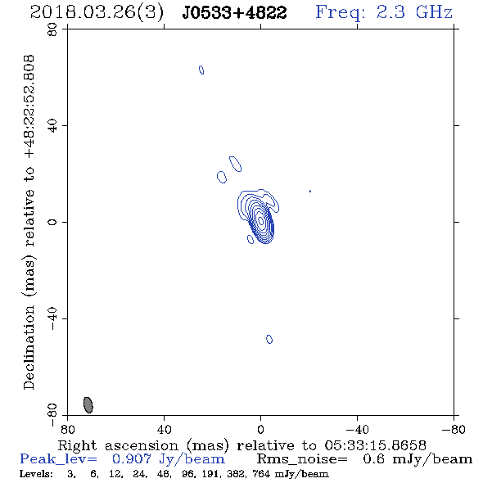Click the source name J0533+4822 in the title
coord(234,13)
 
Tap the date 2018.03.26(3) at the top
coord(97,13)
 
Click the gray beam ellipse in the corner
coord(88,405)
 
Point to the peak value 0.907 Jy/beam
coord(169,459)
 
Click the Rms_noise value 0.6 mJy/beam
coord(418,459)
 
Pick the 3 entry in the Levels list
coord(71,474)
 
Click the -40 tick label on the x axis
coord(357,429)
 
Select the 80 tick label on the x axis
coord(67,429)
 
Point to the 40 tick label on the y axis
coord(52,126)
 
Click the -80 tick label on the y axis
coord(52,415)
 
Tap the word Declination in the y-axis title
coord(29,347)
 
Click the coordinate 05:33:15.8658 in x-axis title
coord(375,445)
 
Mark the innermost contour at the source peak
coord(261,220)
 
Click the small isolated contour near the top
coord(201,70)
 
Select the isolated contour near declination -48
coord(269,339)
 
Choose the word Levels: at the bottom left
coord(36,474)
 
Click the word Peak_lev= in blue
coord(58,459)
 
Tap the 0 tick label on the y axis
coord(52,222)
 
